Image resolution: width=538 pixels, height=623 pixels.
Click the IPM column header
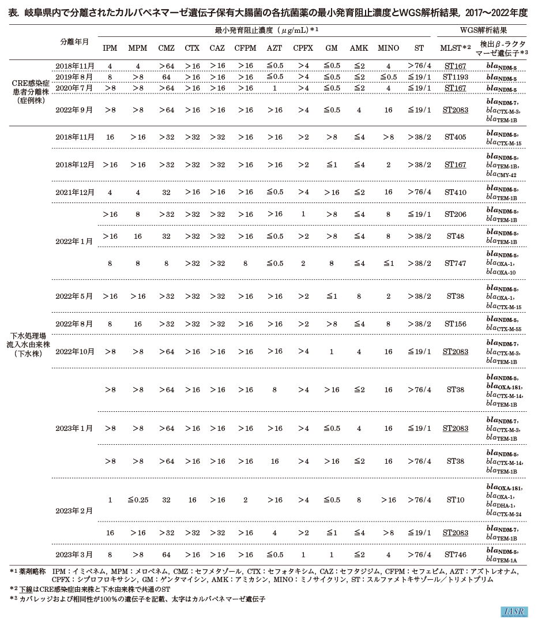110,48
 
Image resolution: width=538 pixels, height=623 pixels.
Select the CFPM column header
245,48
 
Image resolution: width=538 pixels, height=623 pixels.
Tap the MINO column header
388,48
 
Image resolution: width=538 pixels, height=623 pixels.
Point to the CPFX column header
303,48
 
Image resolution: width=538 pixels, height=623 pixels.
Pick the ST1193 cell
455,77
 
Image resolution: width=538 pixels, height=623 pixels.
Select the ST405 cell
455,137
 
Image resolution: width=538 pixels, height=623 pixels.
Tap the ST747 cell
455,264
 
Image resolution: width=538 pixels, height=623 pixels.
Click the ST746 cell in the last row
455,554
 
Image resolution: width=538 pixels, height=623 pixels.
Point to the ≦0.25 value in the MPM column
138,500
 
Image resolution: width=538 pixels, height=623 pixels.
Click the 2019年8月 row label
74,77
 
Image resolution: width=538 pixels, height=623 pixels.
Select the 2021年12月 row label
74,192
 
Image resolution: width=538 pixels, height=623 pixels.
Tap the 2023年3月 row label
74,554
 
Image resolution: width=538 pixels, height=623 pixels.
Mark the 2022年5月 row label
74,297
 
